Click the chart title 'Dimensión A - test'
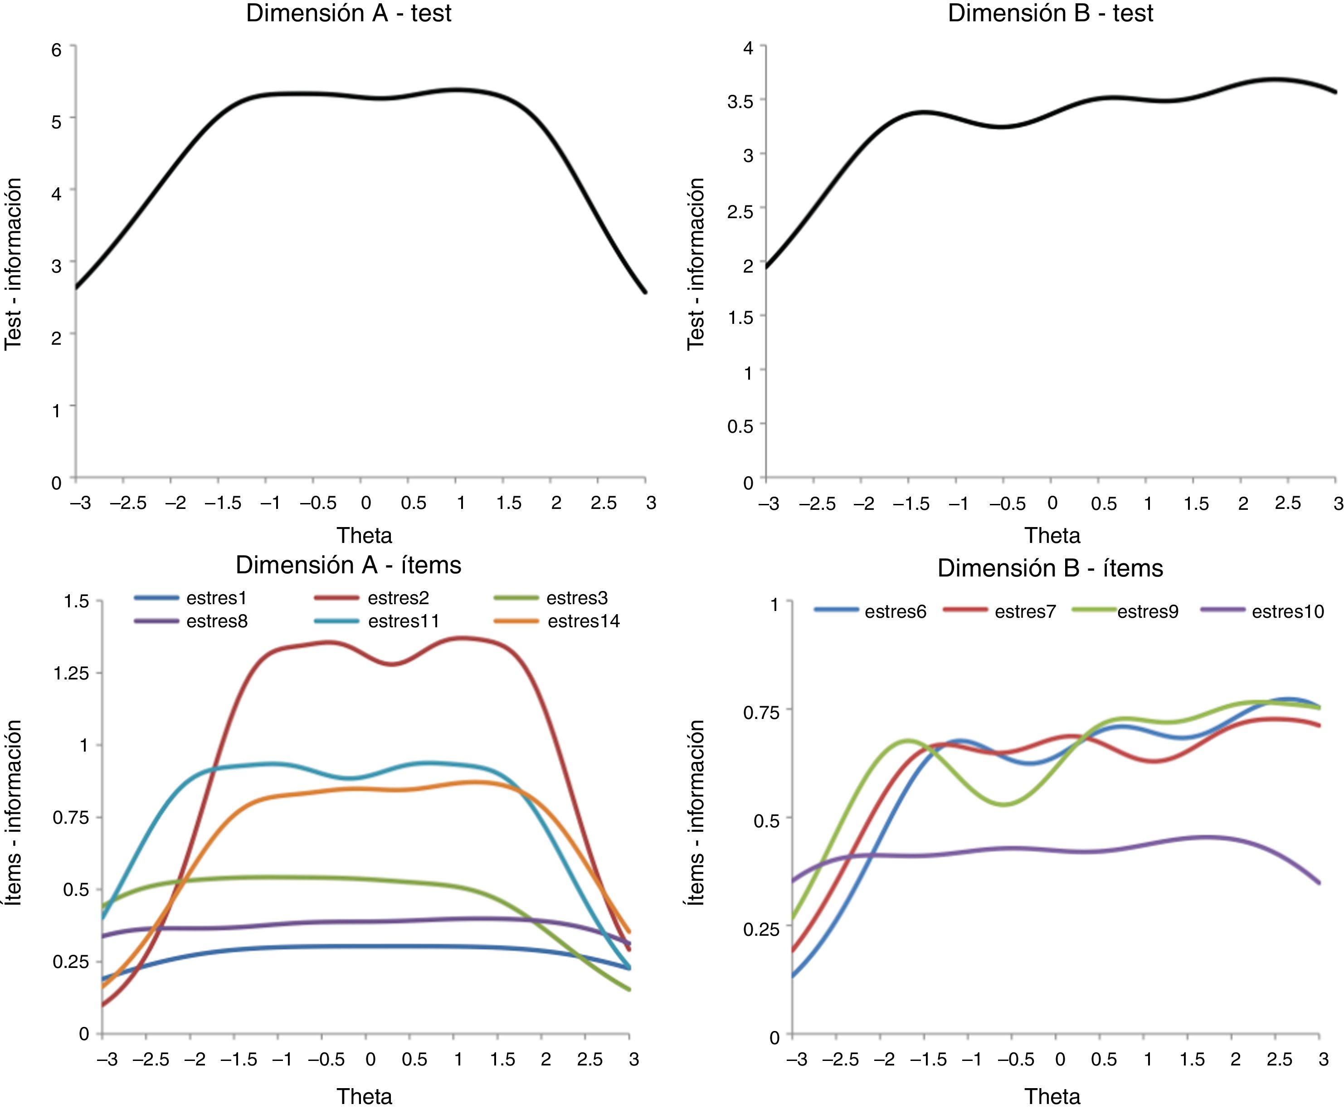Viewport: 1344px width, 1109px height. click(x=349, y=14)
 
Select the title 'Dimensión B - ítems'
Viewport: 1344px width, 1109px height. click(x=1050, y=568)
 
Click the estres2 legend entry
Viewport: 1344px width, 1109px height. click(x=398, y=598)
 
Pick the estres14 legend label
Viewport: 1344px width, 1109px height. click(x=583, y=621)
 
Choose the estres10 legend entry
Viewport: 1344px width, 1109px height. click(x=1287, y=611)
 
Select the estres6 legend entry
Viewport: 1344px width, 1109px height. click(x=895, y=611)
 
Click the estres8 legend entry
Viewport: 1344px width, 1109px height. click(x=216, y=621)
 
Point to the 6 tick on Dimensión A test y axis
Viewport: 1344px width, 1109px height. click(x=57, y=49)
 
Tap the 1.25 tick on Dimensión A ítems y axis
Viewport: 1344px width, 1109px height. click(x=70, y=673)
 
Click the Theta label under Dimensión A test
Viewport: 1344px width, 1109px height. click(x=364, y=535)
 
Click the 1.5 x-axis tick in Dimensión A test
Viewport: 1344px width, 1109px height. click(x=508, y=503)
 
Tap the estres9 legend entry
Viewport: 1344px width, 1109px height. click(x=1147, y=611)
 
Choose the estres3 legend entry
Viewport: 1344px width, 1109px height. click(x=576, y=598)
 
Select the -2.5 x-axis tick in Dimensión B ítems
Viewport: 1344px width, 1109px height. click(x=840, y=1060)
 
